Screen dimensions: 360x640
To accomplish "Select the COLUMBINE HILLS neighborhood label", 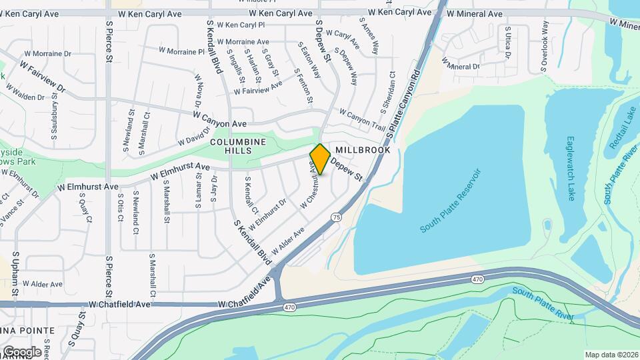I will tap(239, 146).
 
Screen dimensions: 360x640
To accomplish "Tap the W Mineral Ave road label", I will tap(475, 14).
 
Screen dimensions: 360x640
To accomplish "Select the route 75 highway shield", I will tap(336, 217).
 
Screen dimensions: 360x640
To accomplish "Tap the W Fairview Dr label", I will tap(43, 77).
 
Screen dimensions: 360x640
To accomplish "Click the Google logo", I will tap(21, 352).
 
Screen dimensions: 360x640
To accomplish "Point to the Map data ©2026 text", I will tap(611, 354).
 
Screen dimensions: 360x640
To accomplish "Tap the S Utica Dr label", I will tap(508, 43).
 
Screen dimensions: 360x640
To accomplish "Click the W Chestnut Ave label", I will tap(307, 189).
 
